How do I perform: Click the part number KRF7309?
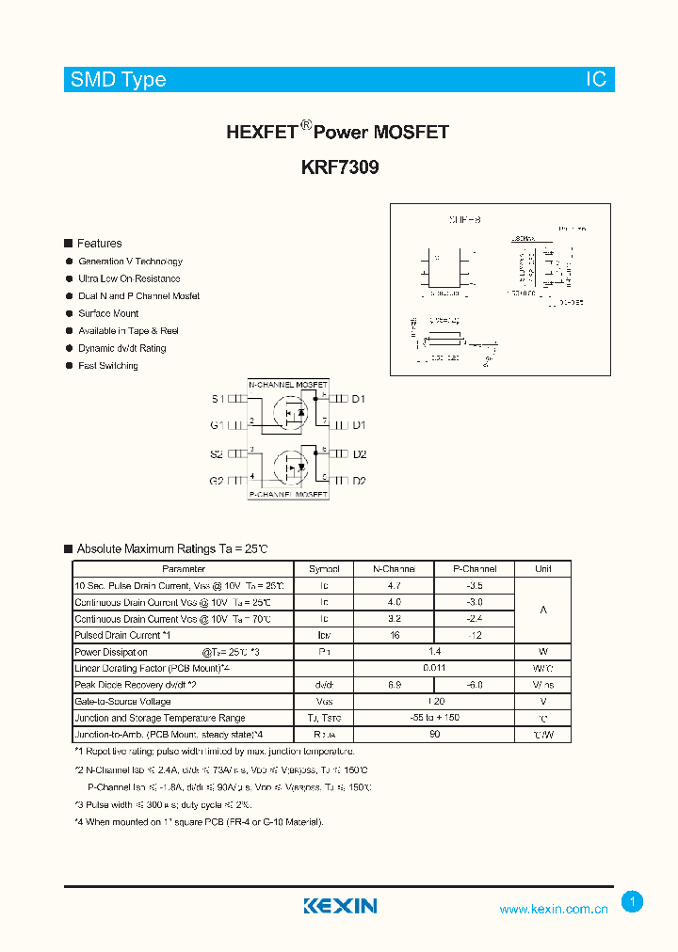point(340,168)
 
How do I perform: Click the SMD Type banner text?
point(118,80)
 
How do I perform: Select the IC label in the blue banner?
point(596,80)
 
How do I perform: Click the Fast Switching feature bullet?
point(107,366)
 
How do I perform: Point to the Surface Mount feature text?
point(108,313)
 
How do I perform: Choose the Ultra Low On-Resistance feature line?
point(129,278)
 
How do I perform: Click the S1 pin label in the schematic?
point(217,399)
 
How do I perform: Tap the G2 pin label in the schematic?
point(217,481)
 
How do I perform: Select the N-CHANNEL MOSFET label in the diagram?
point(288,386)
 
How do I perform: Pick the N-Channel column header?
point(394,569)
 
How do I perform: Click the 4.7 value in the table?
point(394,585)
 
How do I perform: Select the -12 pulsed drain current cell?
point(475,636)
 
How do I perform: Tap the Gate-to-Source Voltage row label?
point(122,702)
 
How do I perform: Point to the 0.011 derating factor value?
point(434,668)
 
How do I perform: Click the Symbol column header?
point(324,569)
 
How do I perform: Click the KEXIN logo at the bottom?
point(340,906)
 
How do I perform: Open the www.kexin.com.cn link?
point(554,909)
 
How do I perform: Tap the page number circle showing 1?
point(633,902)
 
